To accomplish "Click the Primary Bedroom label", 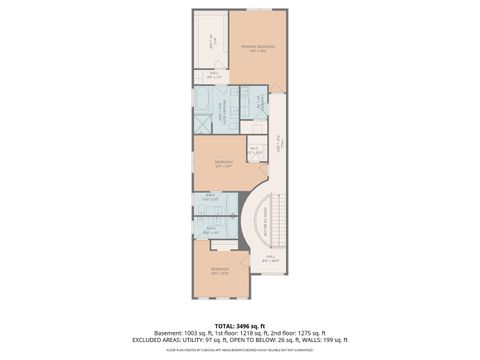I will [x=257, y=47].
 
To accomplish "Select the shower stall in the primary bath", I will [x=202, y=123].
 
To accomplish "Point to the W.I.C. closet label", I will [x=255, y=150].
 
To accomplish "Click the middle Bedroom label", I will [x=224, y=163].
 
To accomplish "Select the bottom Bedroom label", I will [x=219, y=270].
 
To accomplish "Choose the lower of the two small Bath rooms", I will [x=211, y=230].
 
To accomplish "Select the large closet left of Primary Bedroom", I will [x=211, y=41].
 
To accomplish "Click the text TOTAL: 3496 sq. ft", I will [x=239, y=325].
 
